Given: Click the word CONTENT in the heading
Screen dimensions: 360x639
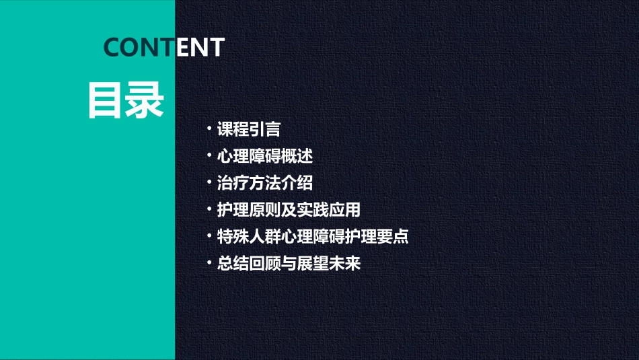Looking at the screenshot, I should click(x=163, y=47).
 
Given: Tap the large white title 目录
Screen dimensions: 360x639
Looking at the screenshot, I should click(x=126, y=101).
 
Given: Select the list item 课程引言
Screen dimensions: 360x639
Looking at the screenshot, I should click(x=248, y=129).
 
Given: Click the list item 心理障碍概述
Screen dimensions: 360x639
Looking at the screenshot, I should click(x=265, y=156).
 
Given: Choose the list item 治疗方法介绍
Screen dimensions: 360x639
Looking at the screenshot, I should click(x=265, y=183).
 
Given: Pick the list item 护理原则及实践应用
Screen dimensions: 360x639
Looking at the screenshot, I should click(x=289, y=210).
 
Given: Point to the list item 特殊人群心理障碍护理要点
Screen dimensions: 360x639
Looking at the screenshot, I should click(x=313, y=237).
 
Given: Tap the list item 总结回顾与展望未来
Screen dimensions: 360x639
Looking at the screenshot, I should click(x=289, y=264).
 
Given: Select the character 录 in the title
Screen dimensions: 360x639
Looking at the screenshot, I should click(x=145, y=101).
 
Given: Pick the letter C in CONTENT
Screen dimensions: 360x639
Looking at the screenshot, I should click(x=112, y=47).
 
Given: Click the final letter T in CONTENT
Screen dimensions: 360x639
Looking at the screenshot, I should click(x=216, y=47).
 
